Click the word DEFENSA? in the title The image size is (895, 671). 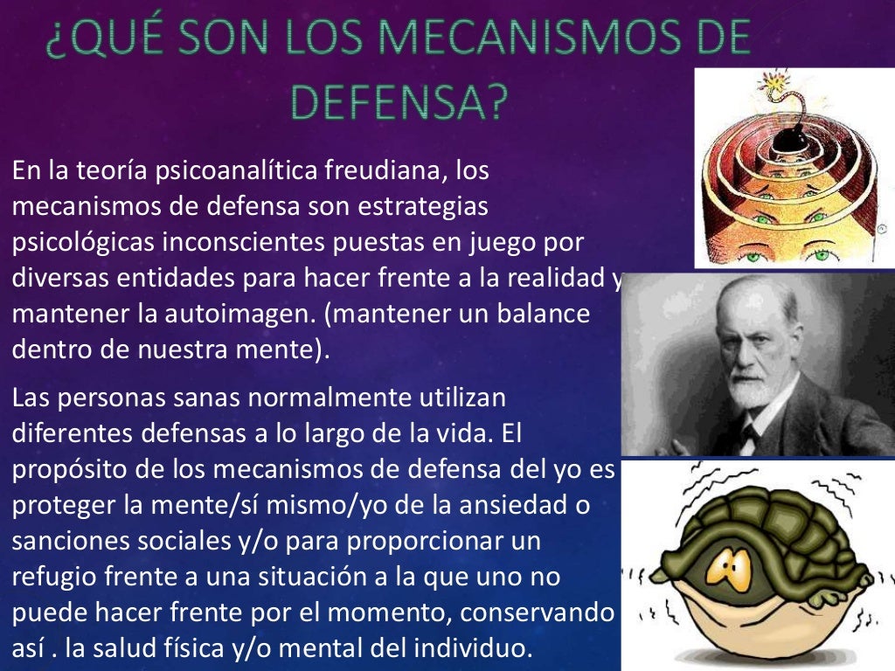pyautogui.click(x=399, y=103)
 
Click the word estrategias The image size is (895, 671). pyautogui.click(x=415, y=208)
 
